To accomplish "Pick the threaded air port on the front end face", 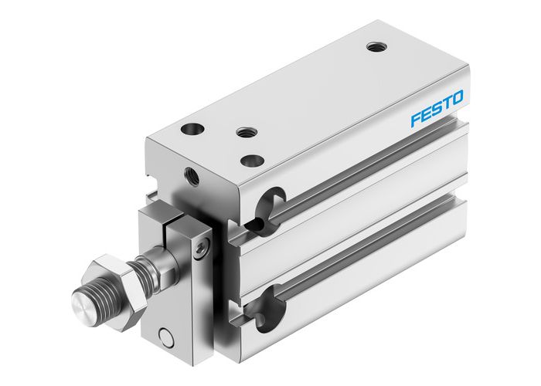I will pyautogui.click(x=191, y=177).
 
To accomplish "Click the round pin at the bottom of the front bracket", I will pyautogui.click(x=163, y=337).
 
